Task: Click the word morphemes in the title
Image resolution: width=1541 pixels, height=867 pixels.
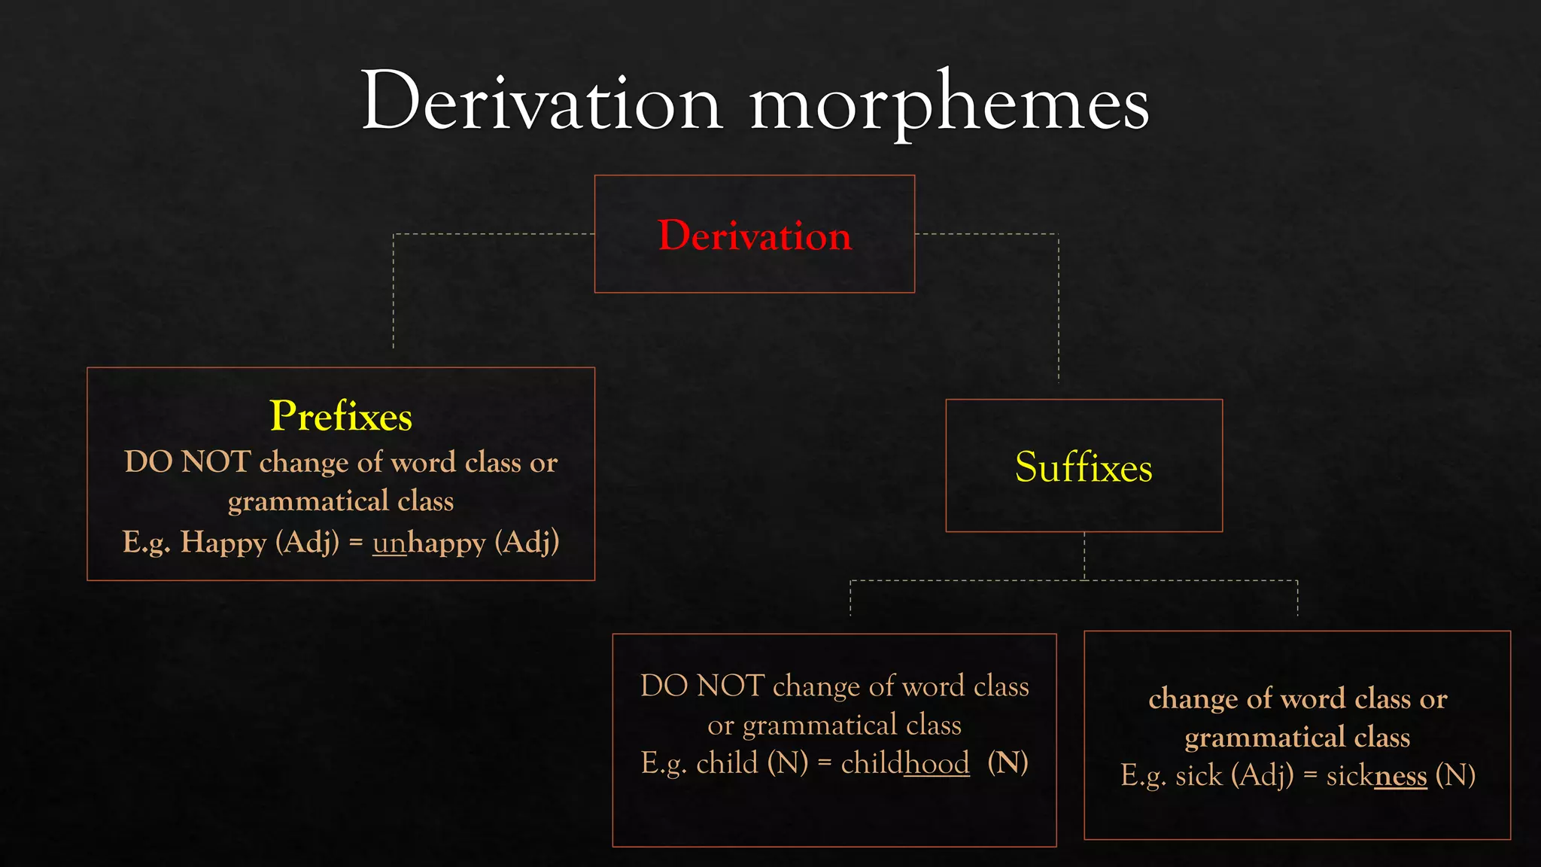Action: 949,105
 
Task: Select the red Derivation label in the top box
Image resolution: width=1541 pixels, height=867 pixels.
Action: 755,236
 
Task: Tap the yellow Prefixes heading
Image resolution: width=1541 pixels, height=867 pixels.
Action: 341,416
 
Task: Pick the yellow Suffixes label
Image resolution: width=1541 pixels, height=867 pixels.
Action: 1084,467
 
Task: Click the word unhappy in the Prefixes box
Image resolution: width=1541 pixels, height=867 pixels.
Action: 429,543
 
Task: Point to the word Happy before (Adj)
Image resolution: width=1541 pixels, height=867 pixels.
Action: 223,543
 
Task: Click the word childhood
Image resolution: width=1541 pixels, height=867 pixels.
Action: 905,764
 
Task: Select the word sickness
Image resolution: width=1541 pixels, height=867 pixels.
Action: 1376,776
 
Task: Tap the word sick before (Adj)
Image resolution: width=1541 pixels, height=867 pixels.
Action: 1199,776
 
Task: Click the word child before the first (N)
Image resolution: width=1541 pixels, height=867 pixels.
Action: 727,764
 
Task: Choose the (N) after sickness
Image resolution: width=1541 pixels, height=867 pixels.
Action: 1455,776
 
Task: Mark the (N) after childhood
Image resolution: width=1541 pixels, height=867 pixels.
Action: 1008,764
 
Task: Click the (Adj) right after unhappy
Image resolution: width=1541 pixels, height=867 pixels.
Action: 527,543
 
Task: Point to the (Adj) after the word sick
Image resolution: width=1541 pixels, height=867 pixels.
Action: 1262,776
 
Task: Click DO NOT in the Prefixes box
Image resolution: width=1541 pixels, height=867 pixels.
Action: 187,462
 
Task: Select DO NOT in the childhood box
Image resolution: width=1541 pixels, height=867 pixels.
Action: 702,686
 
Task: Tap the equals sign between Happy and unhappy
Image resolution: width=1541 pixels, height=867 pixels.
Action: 356,543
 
